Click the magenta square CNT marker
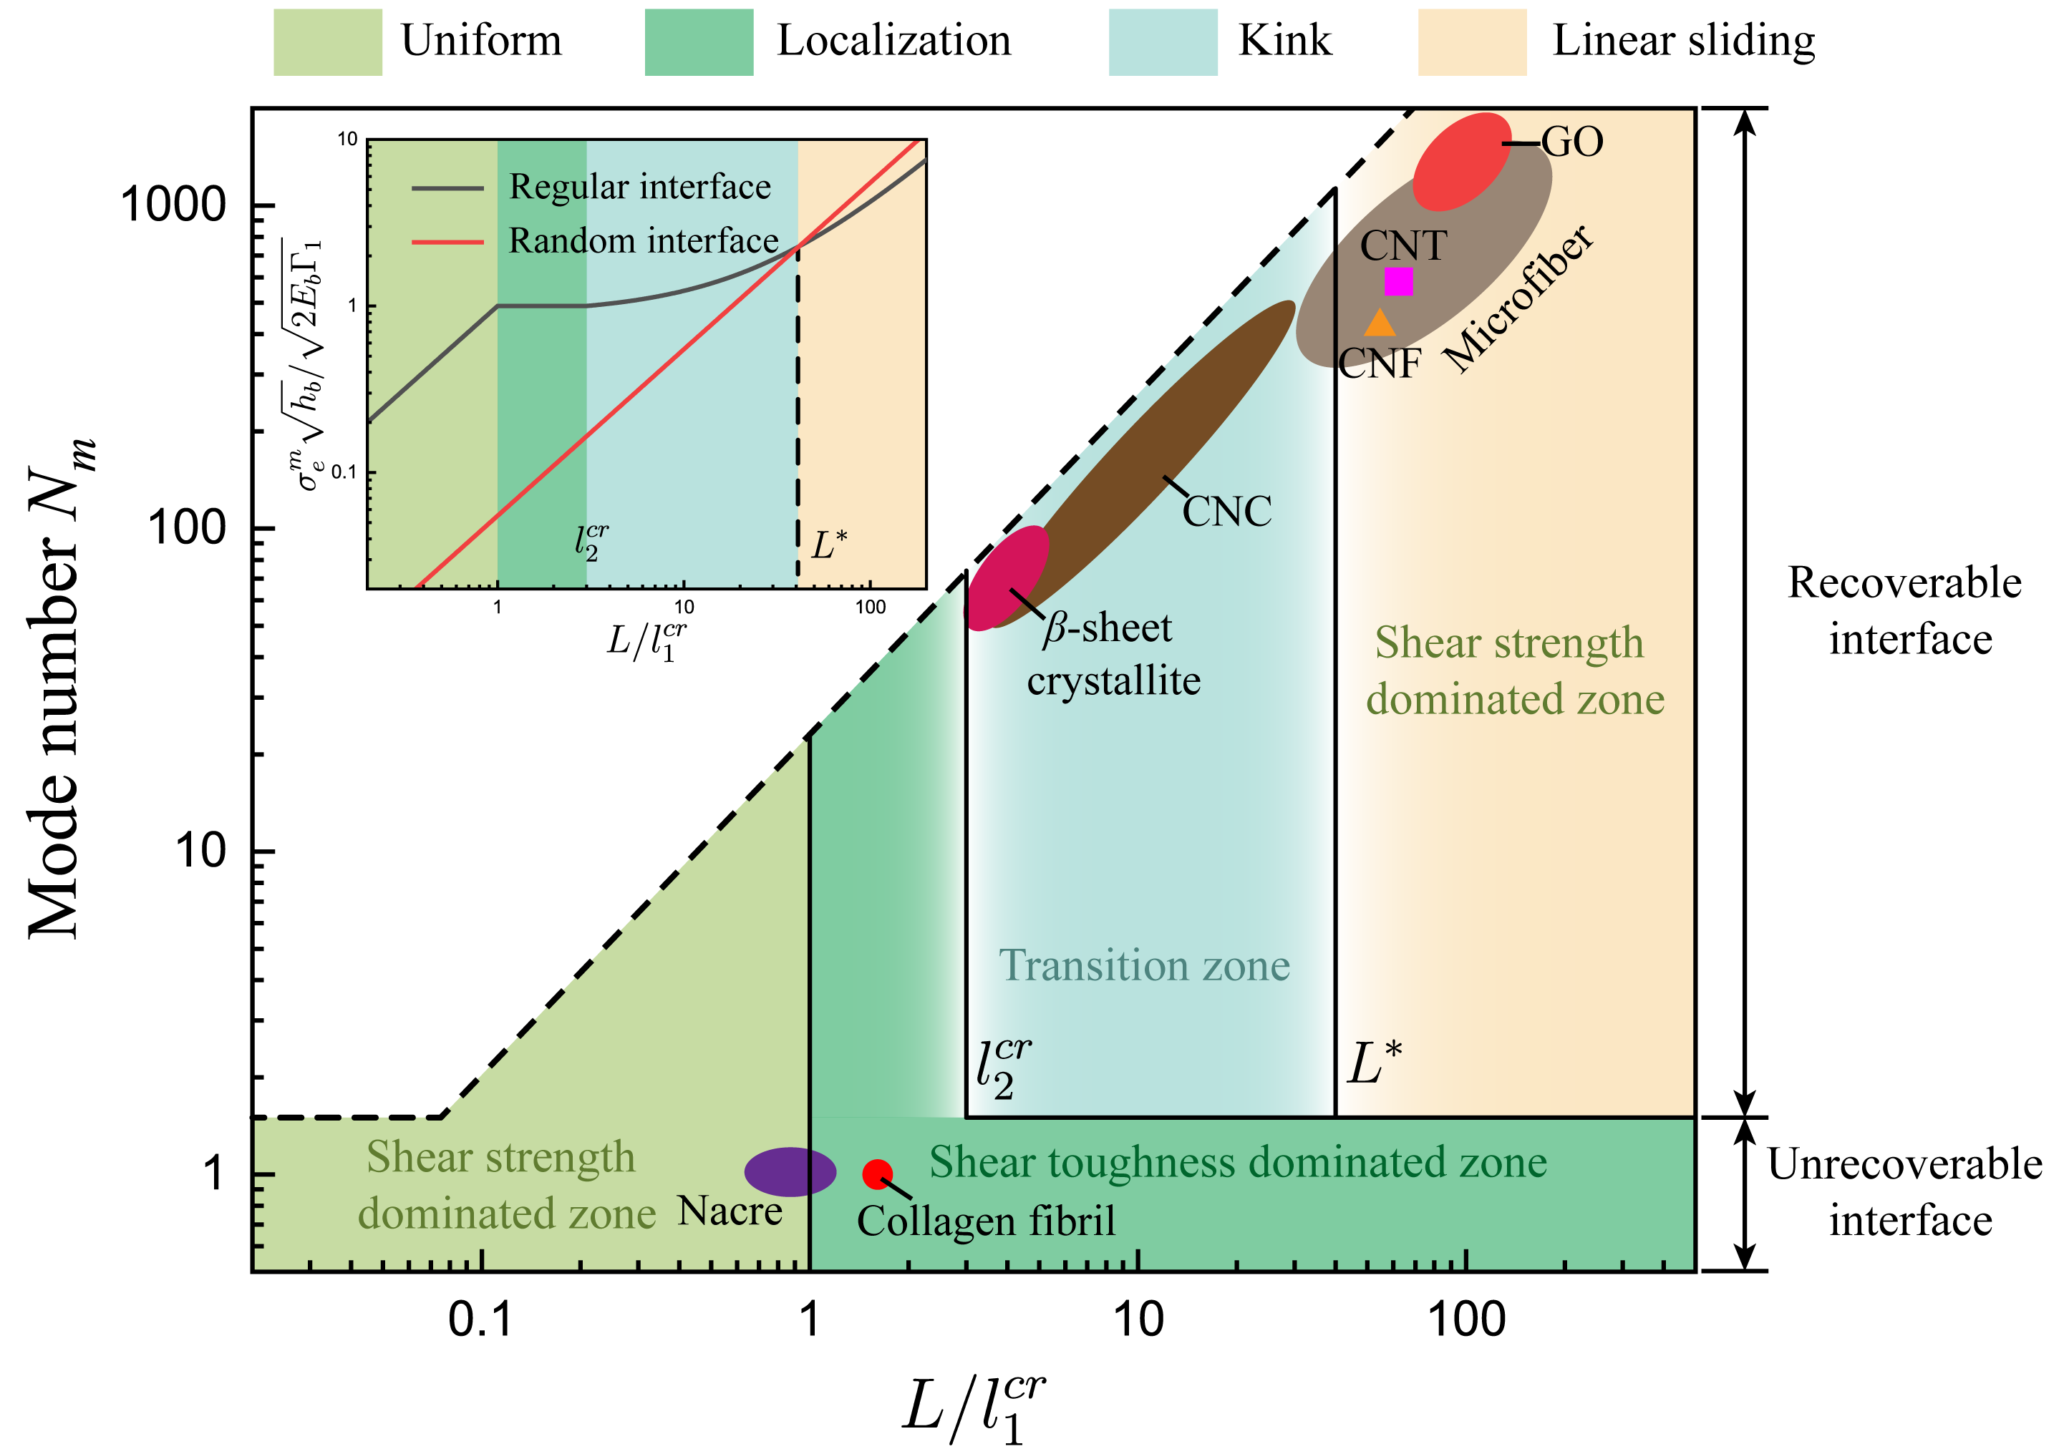tap(1398, 281)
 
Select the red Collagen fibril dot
tap(876, 1173)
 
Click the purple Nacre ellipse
tap(790, 1172)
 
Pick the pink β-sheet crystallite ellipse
tap(1007, 577)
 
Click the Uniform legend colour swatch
tap(327, 42)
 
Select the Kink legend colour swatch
tap(1163, 42)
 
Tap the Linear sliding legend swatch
tap(1472, 42)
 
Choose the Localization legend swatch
tap(699, 42)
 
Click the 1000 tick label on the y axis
tap(173, 205)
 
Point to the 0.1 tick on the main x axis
tap(480, 1319)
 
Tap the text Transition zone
tap(1144, 965)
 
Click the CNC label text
tap(1226, 512)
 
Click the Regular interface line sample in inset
tap(447, 187)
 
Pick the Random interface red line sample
tap(447, 242)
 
